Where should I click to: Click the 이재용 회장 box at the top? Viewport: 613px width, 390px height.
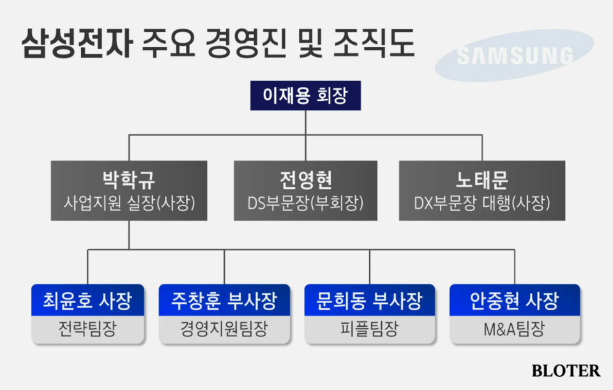tap(305, 96)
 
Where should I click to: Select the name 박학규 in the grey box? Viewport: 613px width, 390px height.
tap(129, 180)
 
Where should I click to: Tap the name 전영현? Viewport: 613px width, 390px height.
tap(305, 180)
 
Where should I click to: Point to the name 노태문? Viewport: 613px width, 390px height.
tap(481, 180)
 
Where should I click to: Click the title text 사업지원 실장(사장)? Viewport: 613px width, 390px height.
tap(129, 203)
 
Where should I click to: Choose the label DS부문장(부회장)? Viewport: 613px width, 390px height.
tap(305, 203)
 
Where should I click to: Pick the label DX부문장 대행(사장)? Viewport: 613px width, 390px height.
tap(481, 203)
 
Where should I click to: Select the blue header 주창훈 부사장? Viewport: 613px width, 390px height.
tap(223, 300)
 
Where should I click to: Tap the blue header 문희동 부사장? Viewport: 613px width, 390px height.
tap(370, 300)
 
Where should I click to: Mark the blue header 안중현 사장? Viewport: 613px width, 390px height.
tap(514, 300)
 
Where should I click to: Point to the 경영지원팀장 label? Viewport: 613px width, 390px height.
tap(223, 329)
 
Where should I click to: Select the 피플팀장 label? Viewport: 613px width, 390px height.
tap(370, 329)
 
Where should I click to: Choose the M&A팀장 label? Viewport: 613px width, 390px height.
tap(514, 329)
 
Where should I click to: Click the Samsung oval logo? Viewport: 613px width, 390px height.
tap(514, 55)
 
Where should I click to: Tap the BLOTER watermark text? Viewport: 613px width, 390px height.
tap(566, 370)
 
